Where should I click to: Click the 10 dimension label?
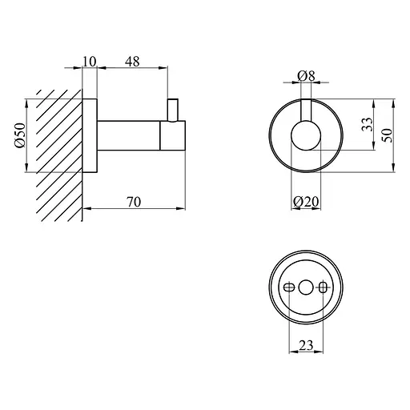point(89,62)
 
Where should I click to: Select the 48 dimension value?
point(132,62)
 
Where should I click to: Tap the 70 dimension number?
point(134,202)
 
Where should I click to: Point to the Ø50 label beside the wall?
point(20,135)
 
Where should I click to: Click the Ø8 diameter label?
point(306,76)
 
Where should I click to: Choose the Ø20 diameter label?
point(306,202)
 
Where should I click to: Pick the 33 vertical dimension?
point(367,124)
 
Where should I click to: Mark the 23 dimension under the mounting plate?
point(306,345)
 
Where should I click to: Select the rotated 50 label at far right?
point(388,135)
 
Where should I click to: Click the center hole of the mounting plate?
point(306,287)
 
